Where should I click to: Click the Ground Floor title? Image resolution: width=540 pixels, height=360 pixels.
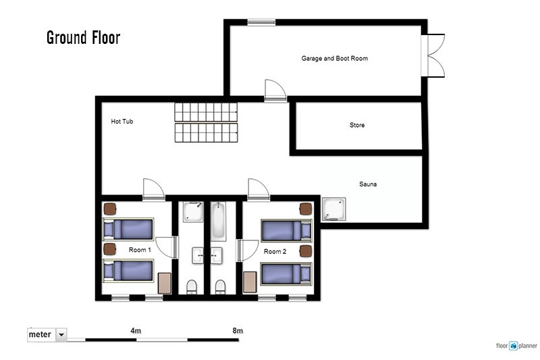(83, 38)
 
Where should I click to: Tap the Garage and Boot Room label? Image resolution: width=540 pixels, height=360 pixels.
(334, 59)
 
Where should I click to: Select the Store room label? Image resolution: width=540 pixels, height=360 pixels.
(357, 125)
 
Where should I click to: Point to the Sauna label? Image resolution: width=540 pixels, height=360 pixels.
(368, 184)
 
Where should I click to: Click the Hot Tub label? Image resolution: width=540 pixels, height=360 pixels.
(122, 122)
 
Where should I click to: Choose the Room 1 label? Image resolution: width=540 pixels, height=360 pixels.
(140, 250)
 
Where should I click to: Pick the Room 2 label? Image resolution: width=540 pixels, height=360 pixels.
(275, 251)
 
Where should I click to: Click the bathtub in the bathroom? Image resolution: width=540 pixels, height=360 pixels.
(218, 222)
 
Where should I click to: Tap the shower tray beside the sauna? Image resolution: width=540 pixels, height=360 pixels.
(333, 209)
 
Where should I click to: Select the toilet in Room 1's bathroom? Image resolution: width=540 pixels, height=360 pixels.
(192, 286)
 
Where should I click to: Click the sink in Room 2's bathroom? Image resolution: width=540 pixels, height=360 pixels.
(217, 255)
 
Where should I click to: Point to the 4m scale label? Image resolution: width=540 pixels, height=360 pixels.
(136, 331)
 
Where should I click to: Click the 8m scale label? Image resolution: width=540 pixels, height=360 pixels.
(238, 331)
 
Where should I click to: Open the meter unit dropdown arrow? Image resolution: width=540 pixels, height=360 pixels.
(61, 334)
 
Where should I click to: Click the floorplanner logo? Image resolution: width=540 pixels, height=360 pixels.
(516, 346)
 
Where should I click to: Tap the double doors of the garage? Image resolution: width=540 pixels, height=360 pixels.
(433, 55)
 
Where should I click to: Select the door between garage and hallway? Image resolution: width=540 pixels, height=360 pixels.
(275, 91)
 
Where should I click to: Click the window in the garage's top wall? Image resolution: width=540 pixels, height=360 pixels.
(261, 22)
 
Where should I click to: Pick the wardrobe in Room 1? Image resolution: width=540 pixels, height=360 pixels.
(165, 283)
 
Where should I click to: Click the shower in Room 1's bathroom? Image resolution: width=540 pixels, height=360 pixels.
(193, 212)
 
